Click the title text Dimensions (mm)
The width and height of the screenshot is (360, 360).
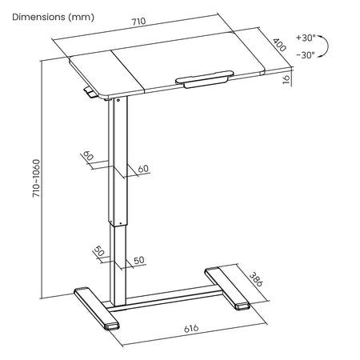[53, 17]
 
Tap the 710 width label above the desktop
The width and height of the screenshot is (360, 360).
[138, 22]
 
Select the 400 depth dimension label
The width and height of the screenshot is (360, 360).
[279, 45]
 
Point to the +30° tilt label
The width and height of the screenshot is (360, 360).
[306, 38]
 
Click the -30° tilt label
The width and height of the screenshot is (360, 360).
[306, 55]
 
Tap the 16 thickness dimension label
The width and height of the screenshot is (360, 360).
[286, 79]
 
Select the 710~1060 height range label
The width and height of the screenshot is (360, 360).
[36, 178]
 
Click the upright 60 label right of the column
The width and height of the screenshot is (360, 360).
[143, 169]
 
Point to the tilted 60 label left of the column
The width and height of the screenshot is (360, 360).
[88, 155]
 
